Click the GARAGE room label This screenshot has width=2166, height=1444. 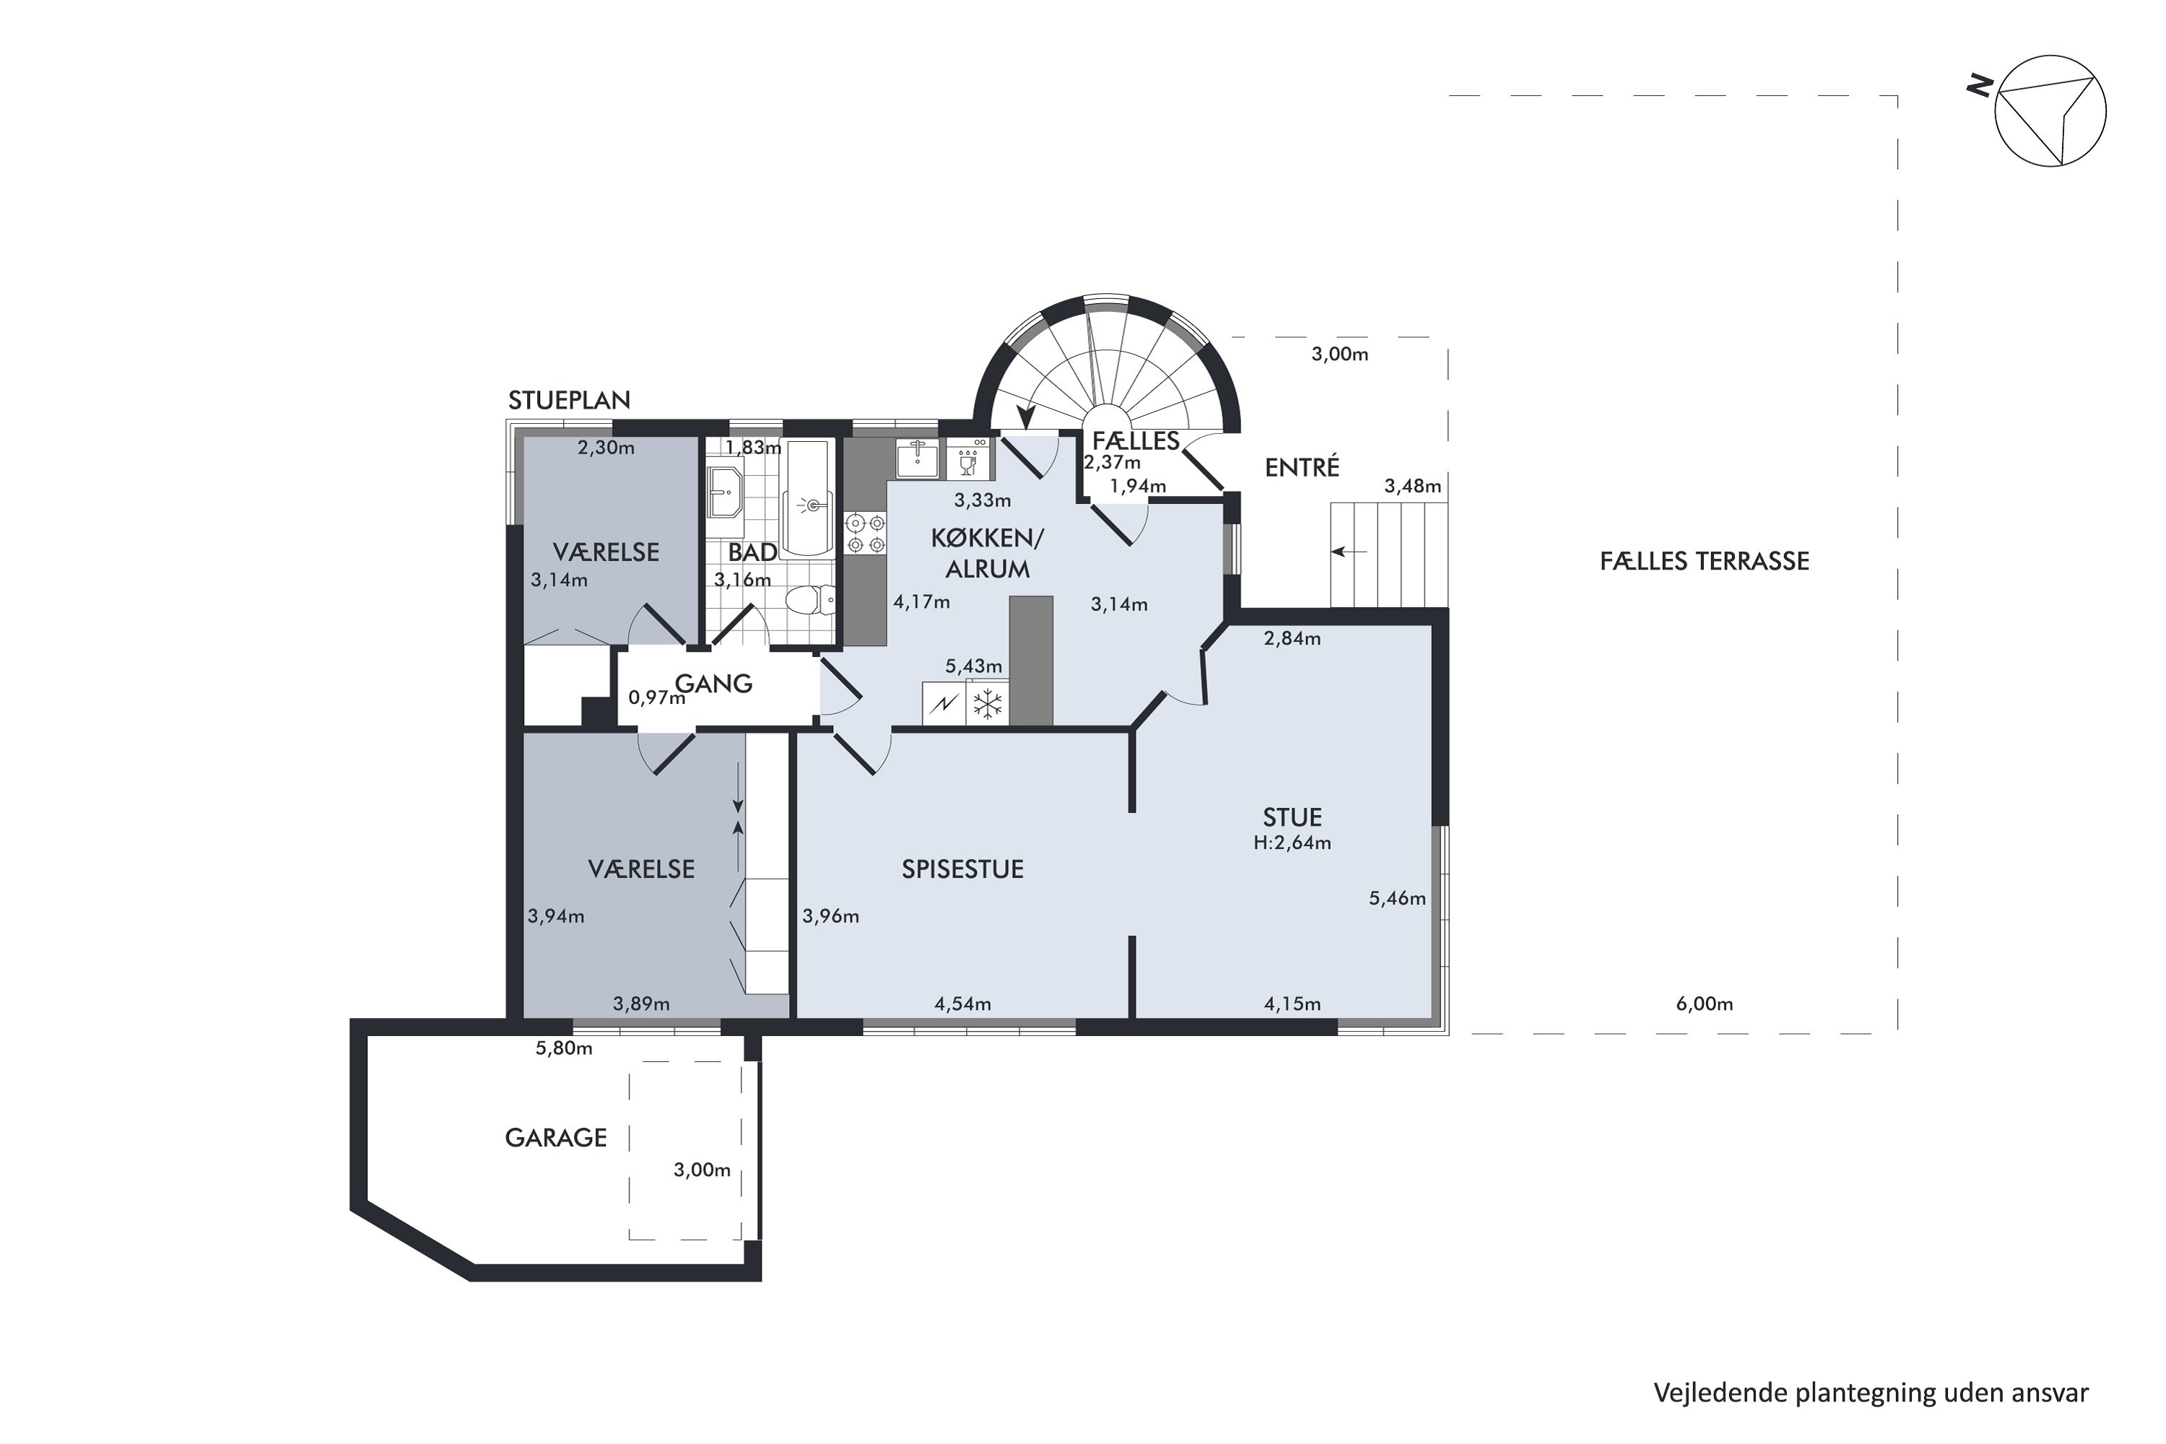pyautogui.click(x=555, y=1139)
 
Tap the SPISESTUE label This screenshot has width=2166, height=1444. pyautogui.click(x=962, y=869)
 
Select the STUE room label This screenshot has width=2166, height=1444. pyautogui.click(x=1292, y=818)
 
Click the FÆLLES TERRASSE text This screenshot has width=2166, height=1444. pyautogui.click(x=1705, y=561)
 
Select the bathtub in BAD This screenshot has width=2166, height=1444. pyautogui.click(x=808, y=500)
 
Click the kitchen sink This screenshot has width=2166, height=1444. pyautogui.click(x=917, y=458)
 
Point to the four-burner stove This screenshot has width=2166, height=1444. pyautogui.click(x=866, y=534)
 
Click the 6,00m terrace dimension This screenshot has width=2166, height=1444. pyautogui.click(x=1704, y=1004)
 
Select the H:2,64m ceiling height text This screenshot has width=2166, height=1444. pyautogui.click(x=1292, y=843)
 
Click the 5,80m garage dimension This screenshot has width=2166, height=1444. pyautogui.click(x=564, y=1048)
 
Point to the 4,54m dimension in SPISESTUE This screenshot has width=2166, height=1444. pyautogui.click(x=962, y=1004)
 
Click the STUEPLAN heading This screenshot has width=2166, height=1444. pyautogui.click(x=569, y=401)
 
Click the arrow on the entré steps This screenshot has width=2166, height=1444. pyautogui.click(x=1349, y=552)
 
